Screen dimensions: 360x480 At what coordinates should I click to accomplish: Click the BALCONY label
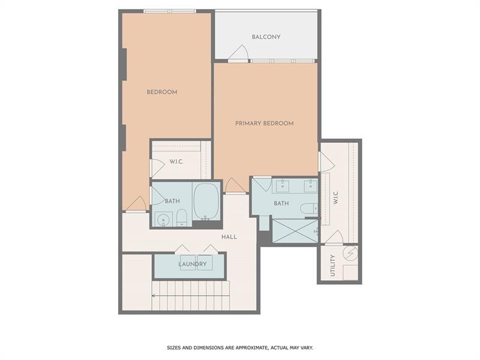[266, 37]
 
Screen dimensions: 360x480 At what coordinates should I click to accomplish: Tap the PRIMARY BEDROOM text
[264, 124]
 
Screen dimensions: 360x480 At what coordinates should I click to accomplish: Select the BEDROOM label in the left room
[162, 92]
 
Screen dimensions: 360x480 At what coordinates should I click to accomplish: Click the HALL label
[229, 237]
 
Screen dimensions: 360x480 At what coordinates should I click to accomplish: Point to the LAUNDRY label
[193, 264]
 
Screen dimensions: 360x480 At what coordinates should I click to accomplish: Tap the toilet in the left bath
[182, 218]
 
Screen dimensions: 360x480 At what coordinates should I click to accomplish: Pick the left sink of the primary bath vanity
[281, 185]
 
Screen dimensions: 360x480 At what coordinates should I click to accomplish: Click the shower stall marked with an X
[295, 231]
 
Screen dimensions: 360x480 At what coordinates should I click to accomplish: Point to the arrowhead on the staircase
[154, 295]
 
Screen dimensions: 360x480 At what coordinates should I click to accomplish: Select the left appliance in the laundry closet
[187, 263]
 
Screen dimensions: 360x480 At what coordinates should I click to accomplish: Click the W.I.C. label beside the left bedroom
[176, 161]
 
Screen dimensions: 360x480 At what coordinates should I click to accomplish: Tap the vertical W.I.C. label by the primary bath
[336, 197]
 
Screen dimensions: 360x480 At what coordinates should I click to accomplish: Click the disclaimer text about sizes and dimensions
[239, 347]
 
